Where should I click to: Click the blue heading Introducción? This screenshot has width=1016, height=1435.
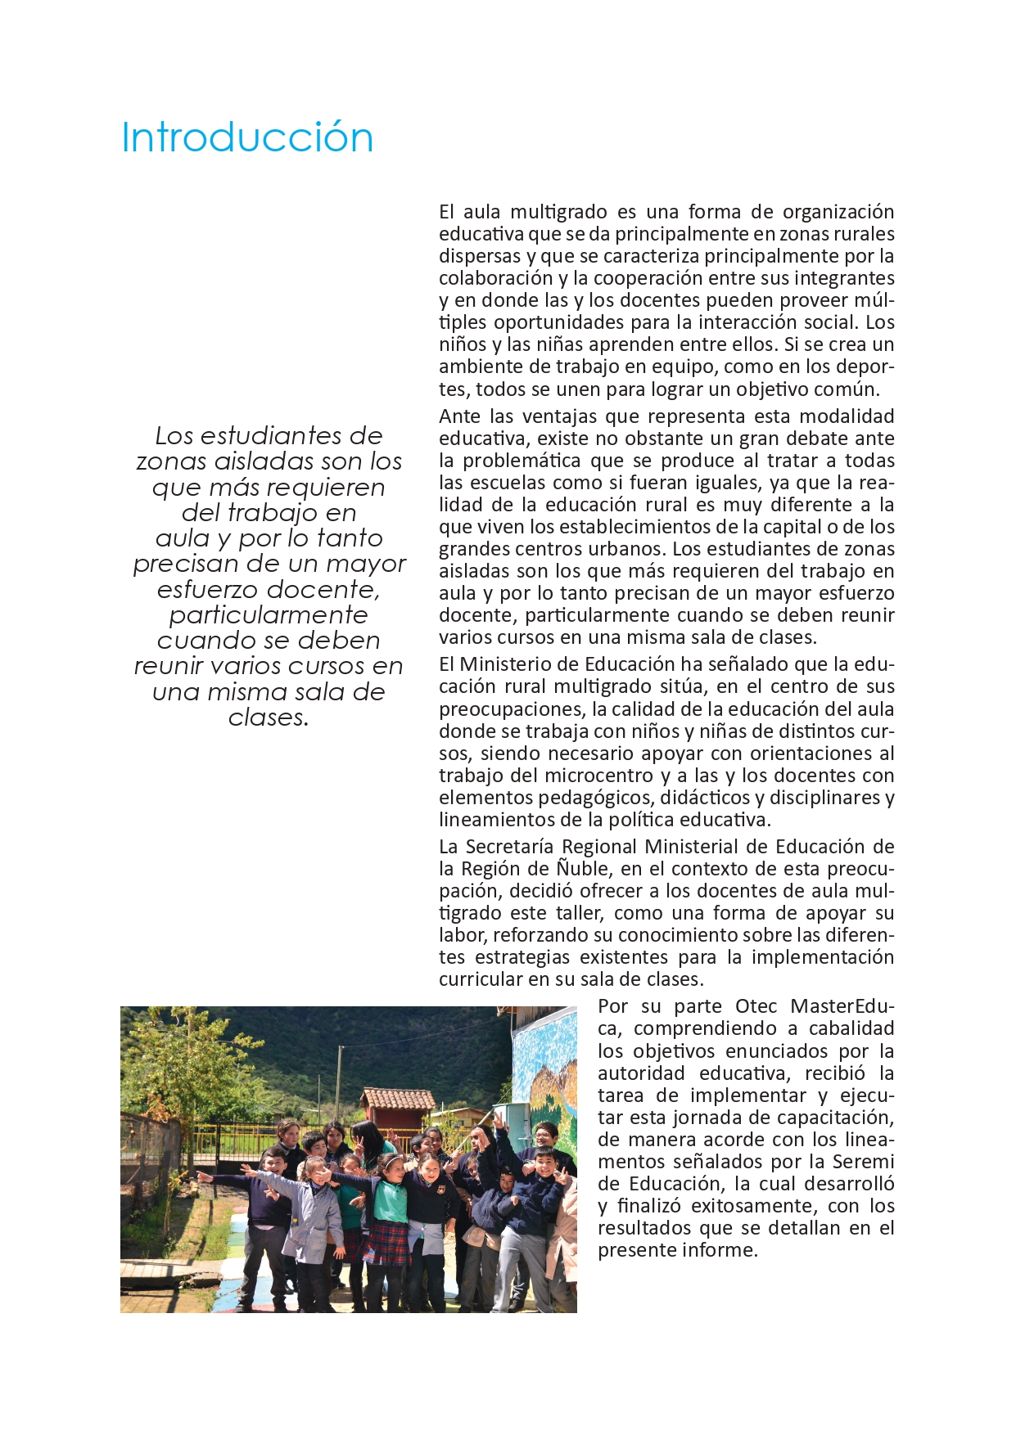(x=247, y=137)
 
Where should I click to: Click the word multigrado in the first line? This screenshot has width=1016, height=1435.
(x=559, y=213)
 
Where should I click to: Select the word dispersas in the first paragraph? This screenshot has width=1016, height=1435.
(x=478, y=257)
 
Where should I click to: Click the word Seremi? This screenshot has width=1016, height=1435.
(x=863, y=1162)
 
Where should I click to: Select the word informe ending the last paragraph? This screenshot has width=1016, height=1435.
(x=723, y=1250)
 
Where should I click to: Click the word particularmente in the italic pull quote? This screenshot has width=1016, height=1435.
(x=269, y=615)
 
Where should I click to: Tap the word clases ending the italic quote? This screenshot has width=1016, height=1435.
(x=267, y=717)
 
